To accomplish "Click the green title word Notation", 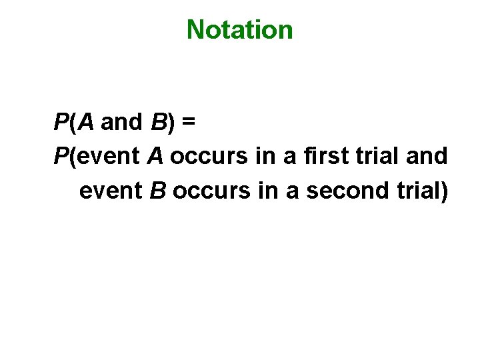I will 239,29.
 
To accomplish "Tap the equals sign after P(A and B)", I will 188,122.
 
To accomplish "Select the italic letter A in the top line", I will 86,122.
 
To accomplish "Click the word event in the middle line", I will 109,157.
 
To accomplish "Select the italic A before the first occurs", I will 155,157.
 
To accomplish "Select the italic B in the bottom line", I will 157,191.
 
